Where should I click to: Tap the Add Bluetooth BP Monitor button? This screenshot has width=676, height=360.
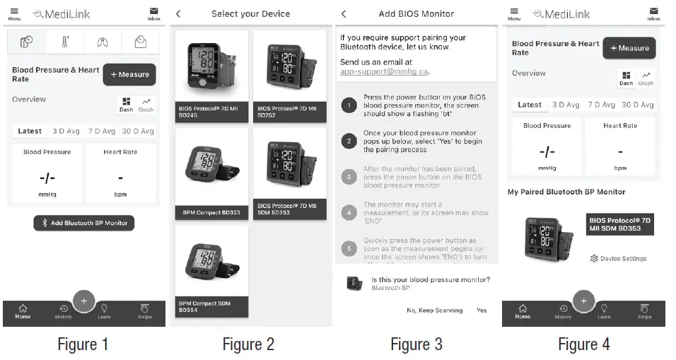coord(84,223)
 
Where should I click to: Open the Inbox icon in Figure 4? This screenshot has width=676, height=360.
coord(653,13)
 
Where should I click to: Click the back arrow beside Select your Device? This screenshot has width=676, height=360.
coord(178,14)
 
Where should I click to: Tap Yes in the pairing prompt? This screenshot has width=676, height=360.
coord(482,310)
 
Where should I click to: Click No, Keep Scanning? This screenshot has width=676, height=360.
coord(434,310)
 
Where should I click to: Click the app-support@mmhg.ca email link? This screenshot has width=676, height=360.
coord(384,71)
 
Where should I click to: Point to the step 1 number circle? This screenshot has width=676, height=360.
coord(348,106)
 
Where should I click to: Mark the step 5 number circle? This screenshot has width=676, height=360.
coord(348,248)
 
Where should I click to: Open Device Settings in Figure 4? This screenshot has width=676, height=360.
coord(619,258)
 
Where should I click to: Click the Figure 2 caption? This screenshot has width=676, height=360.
coord(248,344)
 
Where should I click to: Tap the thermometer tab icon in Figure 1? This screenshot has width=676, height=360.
coord(66,42)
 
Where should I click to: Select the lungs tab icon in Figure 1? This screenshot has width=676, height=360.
coord(104,42)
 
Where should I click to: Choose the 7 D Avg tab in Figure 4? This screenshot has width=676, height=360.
coord(601,105)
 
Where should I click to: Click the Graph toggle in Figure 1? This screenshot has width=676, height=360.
coord(146,105)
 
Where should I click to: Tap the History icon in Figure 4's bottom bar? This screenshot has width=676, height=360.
coord(564,311)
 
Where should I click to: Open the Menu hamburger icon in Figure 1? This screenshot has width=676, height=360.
coord(15,13)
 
